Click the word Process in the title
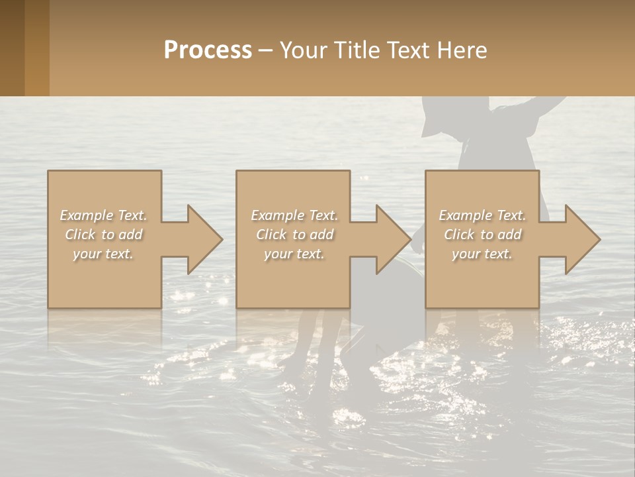(208, 50)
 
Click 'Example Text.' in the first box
(104, 215)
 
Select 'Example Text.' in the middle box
(294, 215)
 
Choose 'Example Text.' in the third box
(482, 215)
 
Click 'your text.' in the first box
(103, 254)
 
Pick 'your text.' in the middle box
(294, 254)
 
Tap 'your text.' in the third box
(482, 254)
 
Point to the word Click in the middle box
(272, 235)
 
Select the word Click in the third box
(460, 235)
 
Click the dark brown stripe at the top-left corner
(12, 48)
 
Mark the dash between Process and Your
(266, 50)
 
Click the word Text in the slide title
(407, 50)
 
